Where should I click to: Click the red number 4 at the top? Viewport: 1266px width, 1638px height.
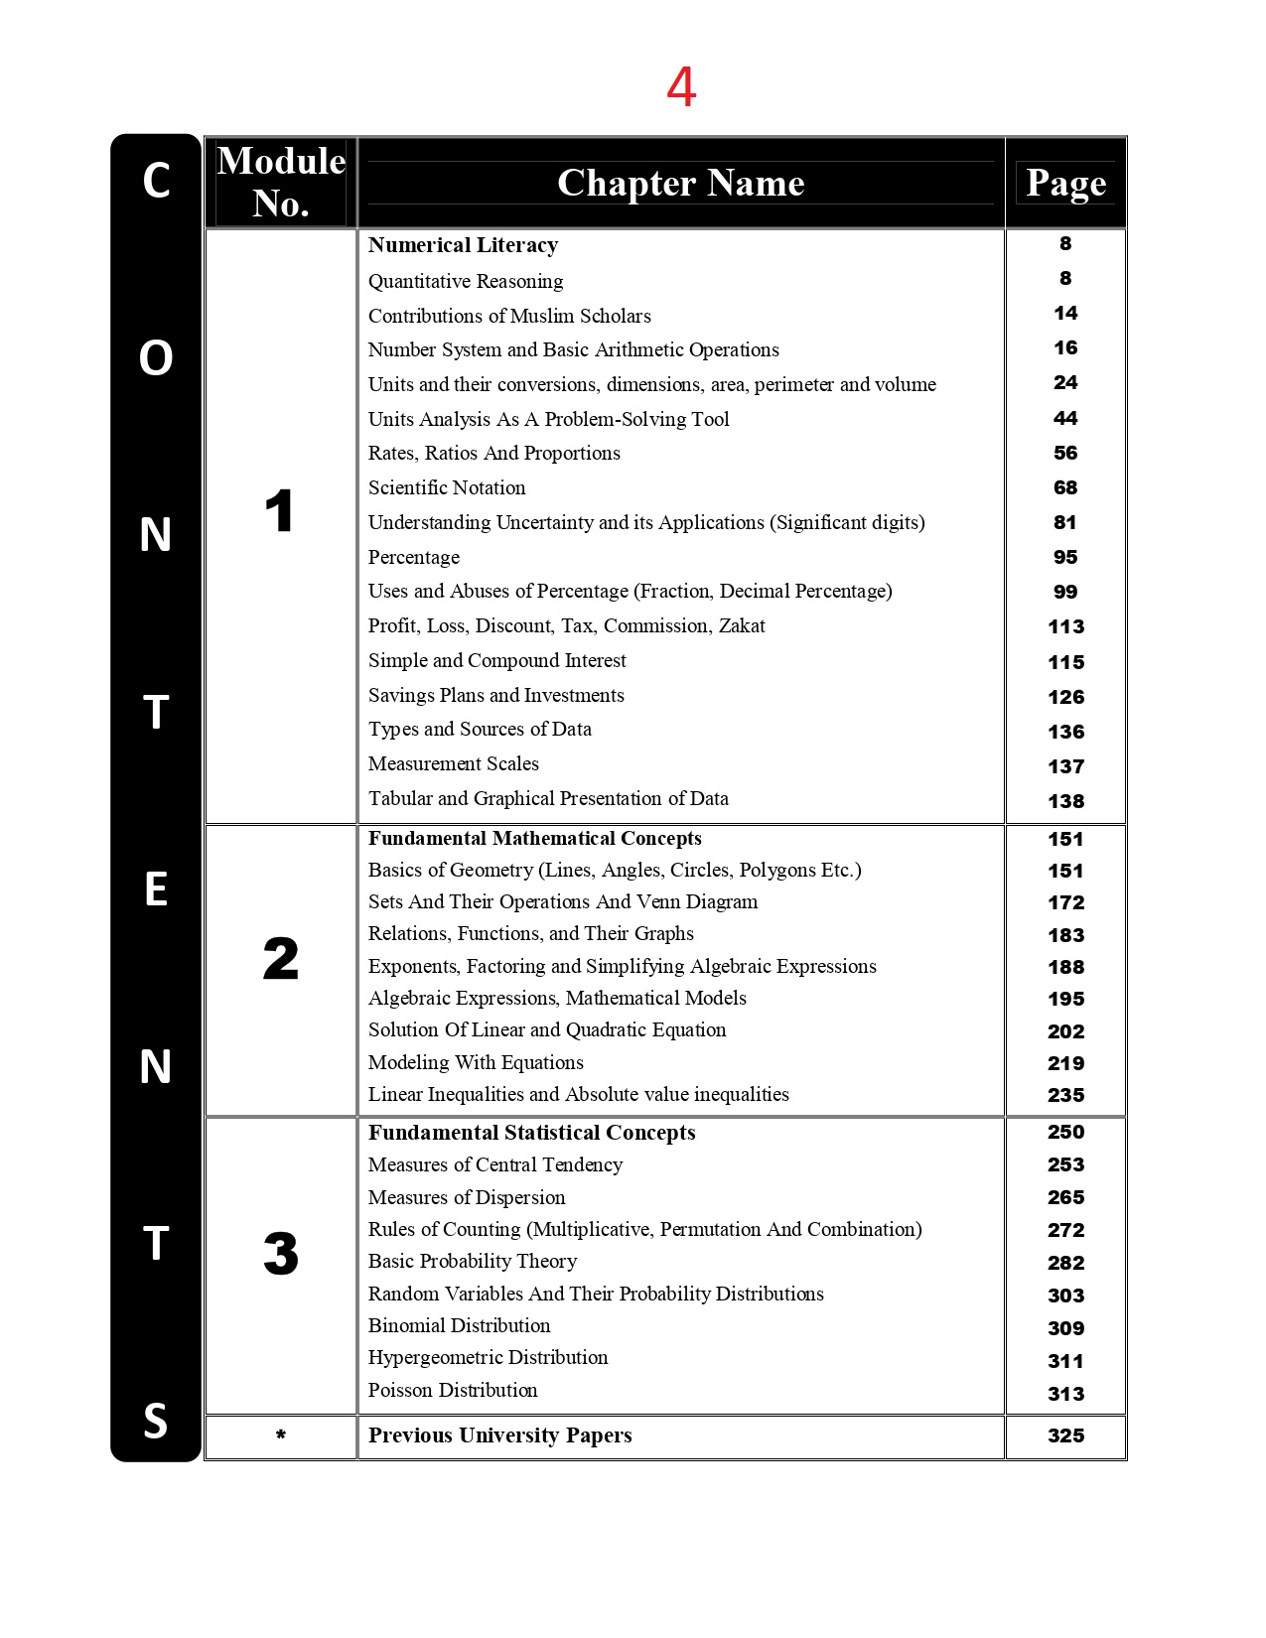point(681,87)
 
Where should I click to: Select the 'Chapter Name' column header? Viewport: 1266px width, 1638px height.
point(680,183)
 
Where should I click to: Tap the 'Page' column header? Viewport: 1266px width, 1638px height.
point(1065,183)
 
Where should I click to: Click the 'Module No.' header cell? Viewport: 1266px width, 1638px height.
point(281,182)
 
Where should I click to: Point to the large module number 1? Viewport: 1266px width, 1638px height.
point(279,511)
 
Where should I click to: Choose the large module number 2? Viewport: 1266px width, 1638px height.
point(281,959)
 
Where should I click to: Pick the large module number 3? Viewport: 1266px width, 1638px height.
point(281,1253)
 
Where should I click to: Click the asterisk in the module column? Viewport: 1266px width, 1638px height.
point(281,1434)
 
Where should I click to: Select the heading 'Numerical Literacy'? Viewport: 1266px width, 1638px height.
point(463,245)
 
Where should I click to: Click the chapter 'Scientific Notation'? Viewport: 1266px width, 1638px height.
point(447,487)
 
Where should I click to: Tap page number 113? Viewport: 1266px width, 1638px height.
point(1065,626)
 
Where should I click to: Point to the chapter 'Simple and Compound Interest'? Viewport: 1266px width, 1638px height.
point(496,660)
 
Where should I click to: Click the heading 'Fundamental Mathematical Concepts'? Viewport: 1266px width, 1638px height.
point(534,838)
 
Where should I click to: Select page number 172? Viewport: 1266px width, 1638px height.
point(1065,902)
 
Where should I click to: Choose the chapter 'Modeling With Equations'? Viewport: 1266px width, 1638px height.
point(476,1062)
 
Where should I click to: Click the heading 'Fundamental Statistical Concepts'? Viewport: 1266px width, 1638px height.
point(531,1133)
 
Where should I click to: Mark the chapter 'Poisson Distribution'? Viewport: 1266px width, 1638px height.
point(453,1390)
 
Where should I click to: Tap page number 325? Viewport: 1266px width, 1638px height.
point(1065,1435)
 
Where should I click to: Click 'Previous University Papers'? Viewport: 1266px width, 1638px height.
point(499,1435)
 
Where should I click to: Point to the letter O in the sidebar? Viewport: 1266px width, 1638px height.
point(156,358)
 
